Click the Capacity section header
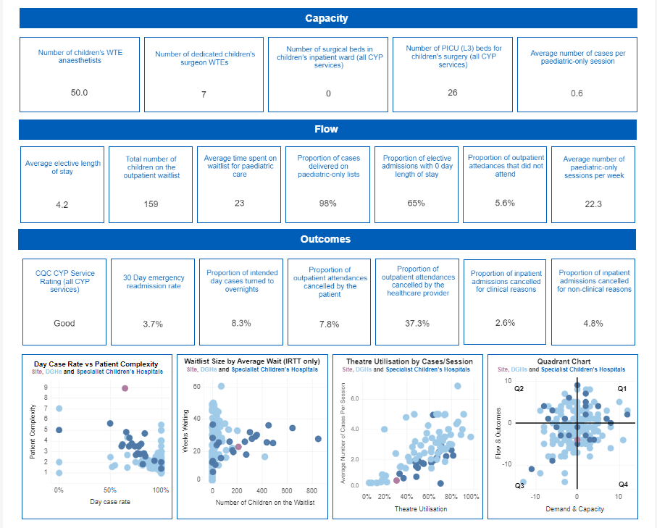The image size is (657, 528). pyautogui.click(x=326, y=18)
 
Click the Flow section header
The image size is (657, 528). pyautogui.click(x=327, y=129)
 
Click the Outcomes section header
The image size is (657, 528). pyautogui.click(x=326, y=239)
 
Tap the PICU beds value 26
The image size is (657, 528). pyautogui.click(x=453, y=93)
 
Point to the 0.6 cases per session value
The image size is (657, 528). pyautogui.click(x=577, y=93)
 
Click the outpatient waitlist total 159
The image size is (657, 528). pyautogui.click(x=151, y=204)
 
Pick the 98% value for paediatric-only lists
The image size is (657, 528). pyautogui.click(x=327, y=204)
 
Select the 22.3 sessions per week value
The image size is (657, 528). pyautogui.click(x=593, y=204)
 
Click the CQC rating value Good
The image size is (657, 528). pyautogui.click(x=64, y=323)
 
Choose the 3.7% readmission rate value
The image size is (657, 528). pyautogui.click(x=152, y=324)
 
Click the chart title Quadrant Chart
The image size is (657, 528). pyautogui.click(x=564, y=361)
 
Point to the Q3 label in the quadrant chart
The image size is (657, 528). pyautogui.click(x=519, y=485)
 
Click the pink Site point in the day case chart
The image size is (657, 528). pyautogui.click(x=125, y=388)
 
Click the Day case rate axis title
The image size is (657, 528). pyautogui.click(x=110, y=501)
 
